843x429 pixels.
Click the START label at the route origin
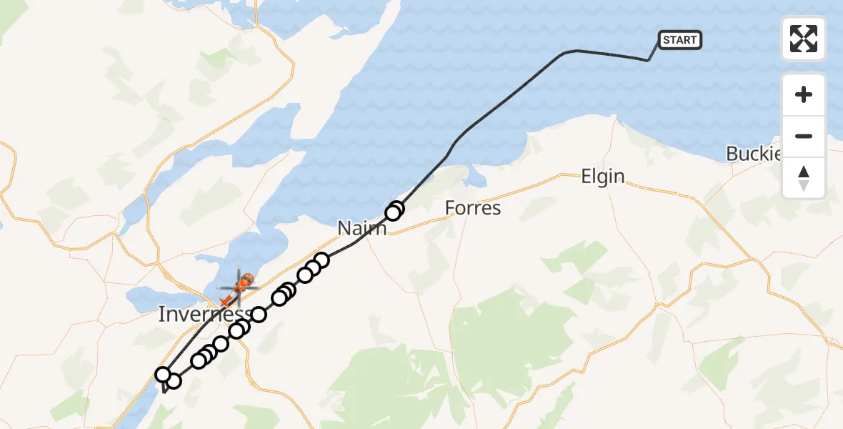coord(679,40)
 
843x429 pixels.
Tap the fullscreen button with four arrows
coord(804,39)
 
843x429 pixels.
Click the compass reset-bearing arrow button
coord(804,178)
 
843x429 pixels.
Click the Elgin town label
coord(603,177)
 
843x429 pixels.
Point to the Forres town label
coord(472,208)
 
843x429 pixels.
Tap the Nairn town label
coord(362,228)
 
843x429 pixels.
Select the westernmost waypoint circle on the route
coord(163,375)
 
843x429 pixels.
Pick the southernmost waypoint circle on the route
coord(173,381)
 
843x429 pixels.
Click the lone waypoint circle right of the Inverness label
coord(259,315)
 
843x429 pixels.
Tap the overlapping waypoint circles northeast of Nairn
coord(394,211)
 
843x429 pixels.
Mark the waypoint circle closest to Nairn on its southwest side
coord(321,260)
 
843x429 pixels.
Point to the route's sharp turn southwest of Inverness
coord(164,392)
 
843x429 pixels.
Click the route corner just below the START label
coord(648,61)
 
